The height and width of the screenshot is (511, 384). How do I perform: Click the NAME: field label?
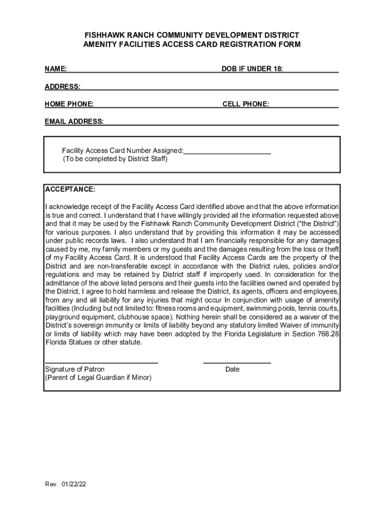[x=56, y=69]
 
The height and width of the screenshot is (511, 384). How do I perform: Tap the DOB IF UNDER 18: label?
[x=252, y=69]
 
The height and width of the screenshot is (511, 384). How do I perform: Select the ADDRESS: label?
[x=63, y=87]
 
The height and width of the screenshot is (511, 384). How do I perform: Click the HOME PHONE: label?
[x=69, y=104]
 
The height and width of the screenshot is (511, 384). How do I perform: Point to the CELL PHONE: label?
[x=246, y=104]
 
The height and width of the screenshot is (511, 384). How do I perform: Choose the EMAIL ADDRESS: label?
[x=74, y=122]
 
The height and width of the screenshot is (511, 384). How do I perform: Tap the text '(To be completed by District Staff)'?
[x=115, y=159]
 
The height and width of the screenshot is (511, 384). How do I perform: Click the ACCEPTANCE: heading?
[x=70, y=190]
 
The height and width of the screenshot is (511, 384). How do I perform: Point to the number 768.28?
[x=329, y=334]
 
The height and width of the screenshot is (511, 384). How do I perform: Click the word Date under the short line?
[x=232, y=369]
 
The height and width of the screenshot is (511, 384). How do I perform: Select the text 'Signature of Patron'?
[x=75, y=369]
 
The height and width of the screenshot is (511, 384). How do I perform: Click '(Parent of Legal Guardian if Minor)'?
[x=98, y=378]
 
